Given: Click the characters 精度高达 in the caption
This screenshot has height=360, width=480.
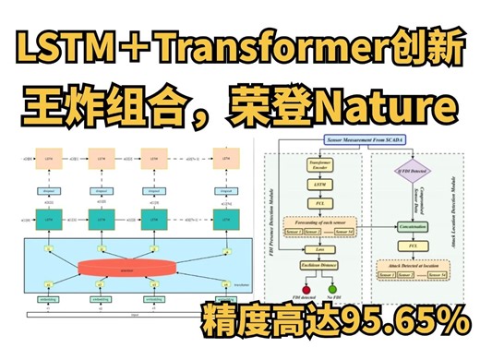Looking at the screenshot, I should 258,324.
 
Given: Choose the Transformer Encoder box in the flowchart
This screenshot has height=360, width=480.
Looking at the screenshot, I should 320,167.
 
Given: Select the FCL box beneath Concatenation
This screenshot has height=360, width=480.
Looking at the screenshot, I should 413,246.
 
